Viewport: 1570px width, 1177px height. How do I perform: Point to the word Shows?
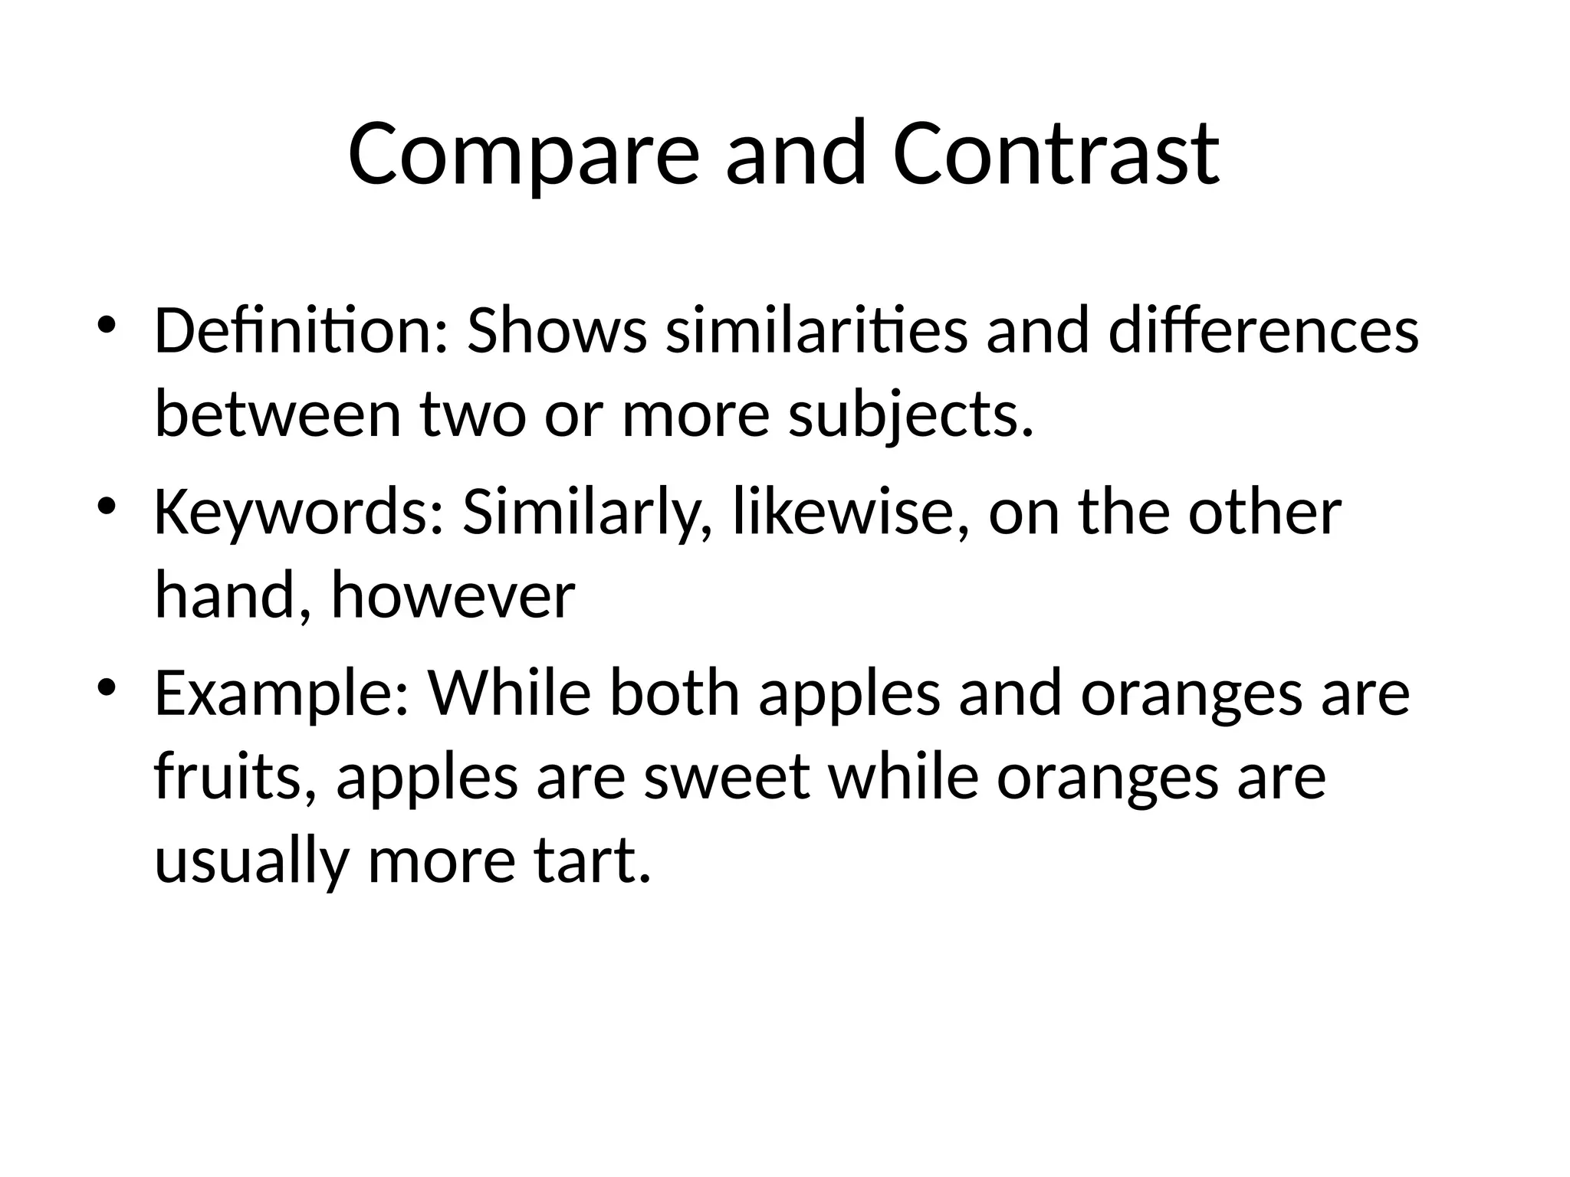click(557, 331)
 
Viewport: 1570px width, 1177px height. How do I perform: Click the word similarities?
click(816, 331)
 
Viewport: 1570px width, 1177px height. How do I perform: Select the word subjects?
click(911, 418)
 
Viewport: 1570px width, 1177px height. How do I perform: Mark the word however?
click(452, 596)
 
